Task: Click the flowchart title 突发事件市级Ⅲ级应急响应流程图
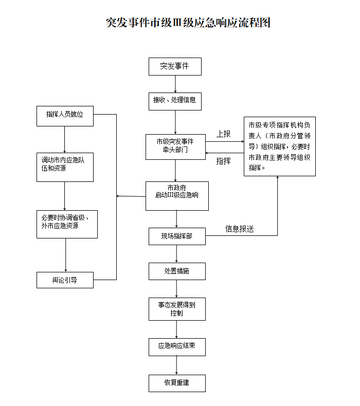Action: click(188, 23)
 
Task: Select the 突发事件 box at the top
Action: click(175, 66)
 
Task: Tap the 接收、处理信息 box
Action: click(175, 100)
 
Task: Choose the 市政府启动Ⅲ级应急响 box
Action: click(177, 195)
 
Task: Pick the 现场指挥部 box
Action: click(177, 236)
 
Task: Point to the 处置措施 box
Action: click(177, 271)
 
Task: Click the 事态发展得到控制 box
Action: click(177, 308)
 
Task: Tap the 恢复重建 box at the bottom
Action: click(177, 383)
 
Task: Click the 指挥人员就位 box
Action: click(65, 115)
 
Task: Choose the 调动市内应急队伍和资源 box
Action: click(65, 167)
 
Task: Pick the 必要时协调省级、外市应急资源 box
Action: click(66, 224)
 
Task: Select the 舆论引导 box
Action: click(65, 280)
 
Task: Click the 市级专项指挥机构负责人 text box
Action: click(279, 146)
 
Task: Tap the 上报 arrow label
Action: click(224, 134)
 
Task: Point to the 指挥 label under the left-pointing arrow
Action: click(224, 161)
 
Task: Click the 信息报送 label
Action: click(240, 229)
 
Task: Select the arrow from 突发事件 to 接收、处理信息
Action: click(175, 84)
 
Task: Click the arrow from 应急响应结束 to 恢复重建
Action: click(177, 365)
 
